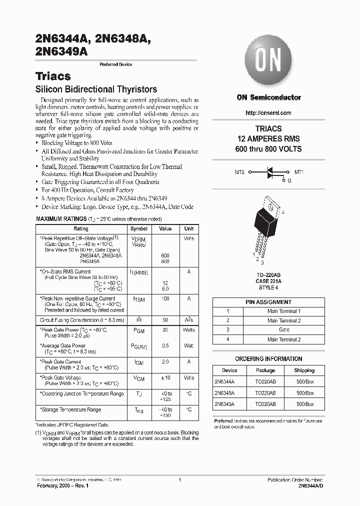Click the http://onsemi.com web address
[x=268, y=113]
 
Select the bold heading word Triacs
[x=53, y=76]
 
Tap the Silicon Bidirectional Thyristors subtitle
[x=96, y=89]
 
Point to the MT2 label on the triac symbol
[x=239, y=171]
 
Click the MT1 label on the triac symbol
[x=298, y=171]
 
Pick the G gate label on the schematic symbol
[x=289, y=180]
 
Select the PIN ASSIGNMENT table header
[x=268, y=302]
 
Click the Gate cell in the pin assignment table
[x=284, y=330]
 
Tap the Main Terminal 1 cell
[x=284, y=311]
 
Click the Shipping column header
[x=304, y=370]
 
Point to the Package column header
[x=265, y=370]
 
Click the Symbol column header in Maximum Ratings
[x=138, y=228]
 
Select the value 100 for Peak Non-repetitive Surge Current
[x=165, y=298]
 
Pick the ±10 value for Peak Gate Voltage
[x=165, y=377]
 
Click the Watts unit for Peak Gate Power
[x=189, y=330]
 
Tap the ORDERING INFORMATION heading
[x=268, y=358]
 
